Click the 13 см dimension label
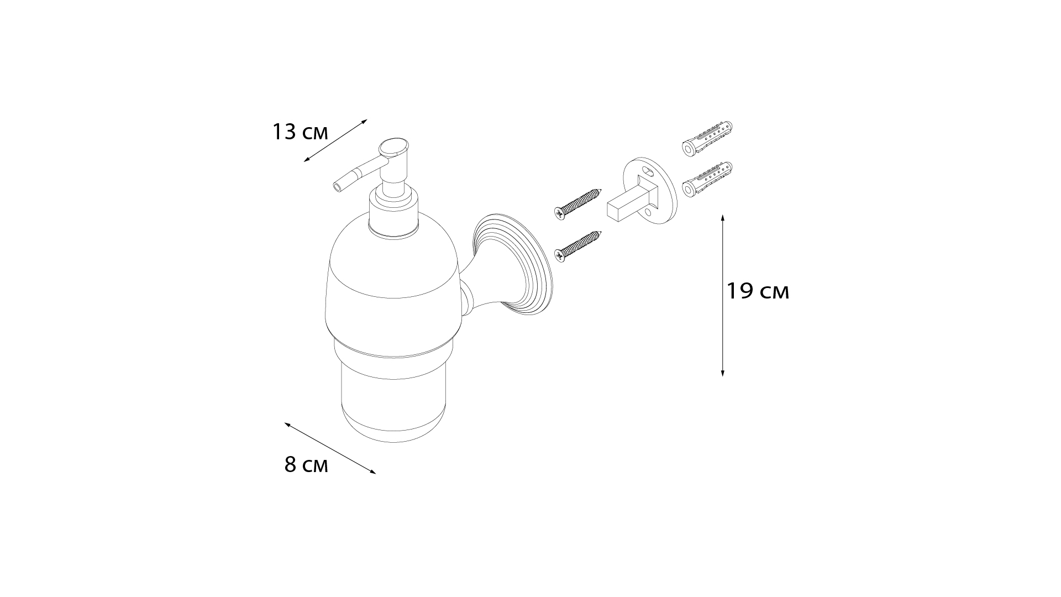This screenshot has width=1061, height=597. tap(300, 133)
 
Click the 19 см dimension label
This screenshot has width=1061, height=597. tap(758, 291)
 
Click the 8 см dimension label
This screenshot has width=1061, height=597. tap(306, 465)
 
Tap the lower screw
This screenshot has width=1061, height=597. tap(577, 246)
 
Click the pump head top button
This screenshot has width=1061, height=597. tap(394, 148)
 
